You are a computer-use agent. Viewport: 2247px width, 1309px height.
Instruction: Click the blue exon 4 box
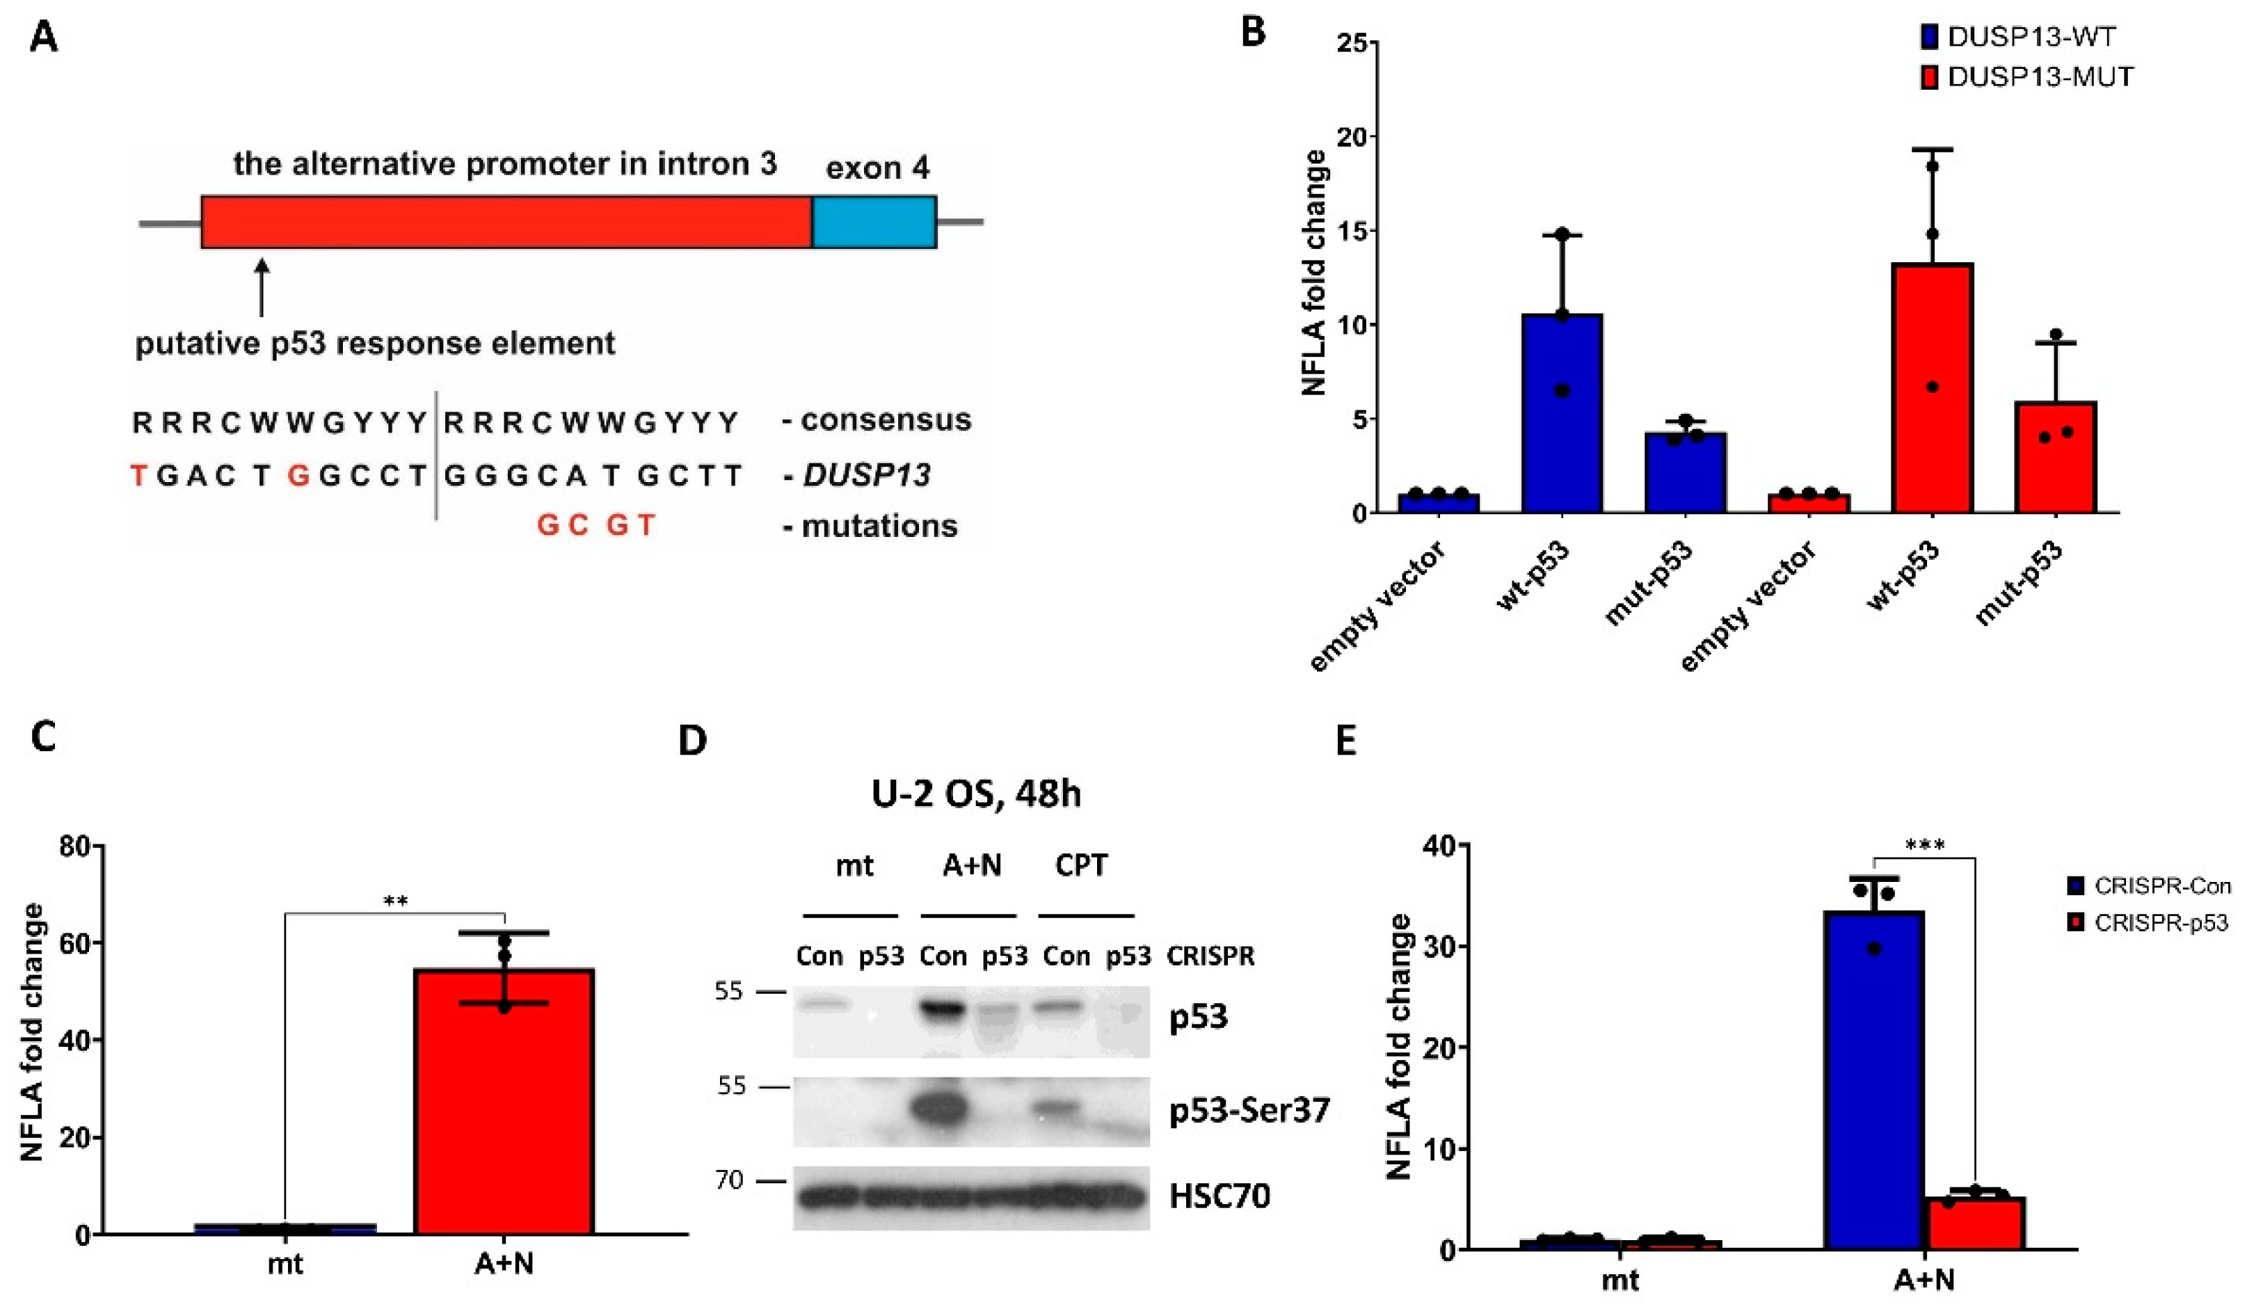874,222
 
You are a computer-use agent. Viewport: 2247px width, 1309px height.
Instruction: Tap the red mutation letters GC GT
595,525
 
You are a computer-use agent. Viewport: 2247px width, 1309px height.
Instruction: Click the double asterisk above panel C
395,901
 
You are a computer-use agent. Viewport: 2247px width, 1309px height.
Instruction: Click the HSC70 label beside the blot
1219,1196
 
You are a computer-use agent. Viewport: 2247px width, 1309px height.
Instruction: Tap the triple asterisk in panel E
1924,844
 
